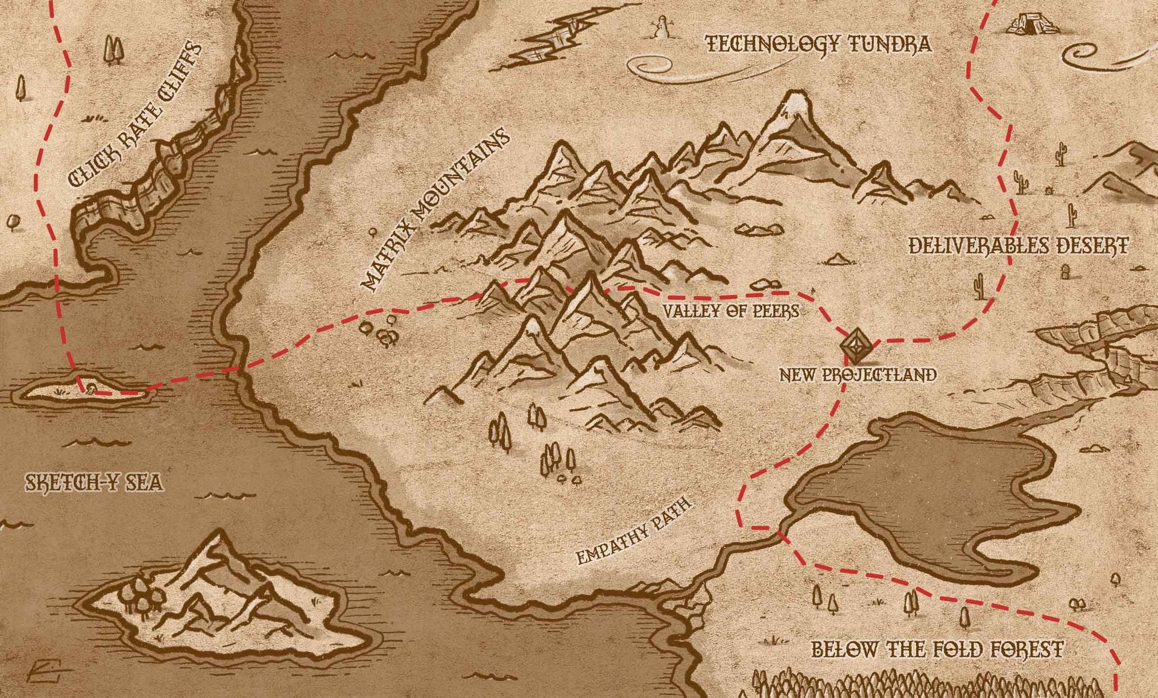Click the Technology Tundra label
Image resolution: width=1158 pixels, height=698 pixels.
[818, 44]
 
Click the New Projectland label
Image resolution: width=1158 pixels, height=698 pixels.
[858, 375]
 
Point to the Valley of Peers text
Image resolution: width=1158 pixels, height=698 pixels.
[731, 311]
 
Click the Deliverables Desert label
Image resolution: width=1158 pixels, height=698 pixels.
[1017, 246]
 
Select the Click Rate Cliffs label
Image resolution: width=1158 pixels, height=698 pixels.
[135, 114]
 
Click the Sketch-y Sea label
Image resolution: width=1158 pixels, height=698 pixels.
[93, 483]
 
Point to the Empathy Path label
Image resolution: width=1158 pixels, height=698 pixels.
[633, 531]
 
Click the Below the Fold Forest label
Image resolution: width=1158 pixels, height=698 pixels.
[937, 650]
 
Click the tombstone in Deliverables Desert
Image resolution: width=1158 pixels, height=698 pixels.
[1065, 272]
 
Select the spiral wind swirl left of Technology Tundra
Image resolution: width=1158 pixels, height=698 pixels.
[645, 65]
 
